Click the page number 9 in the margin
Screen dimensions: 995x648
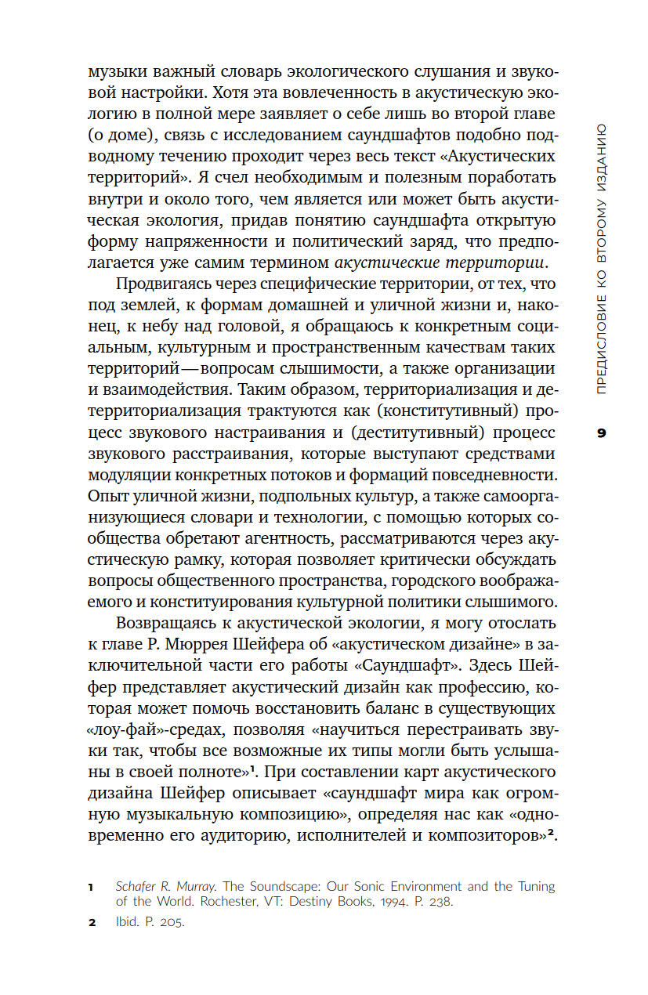602,432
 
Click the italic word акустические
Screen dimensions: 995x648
391,262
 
